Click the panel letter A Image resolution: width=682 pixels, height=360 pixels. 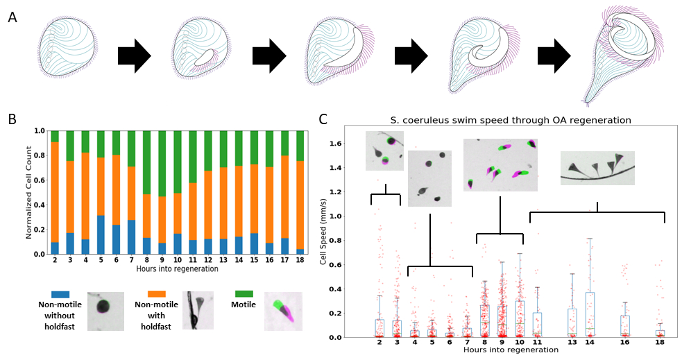pyautogui.click(x=12, y=17)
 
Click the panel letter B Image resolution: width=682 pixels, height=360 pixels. pyautogui.click(x=12, y=119)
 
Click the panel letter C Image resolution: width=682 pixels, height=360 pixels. pyautogui.click(x=323, y=119)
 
